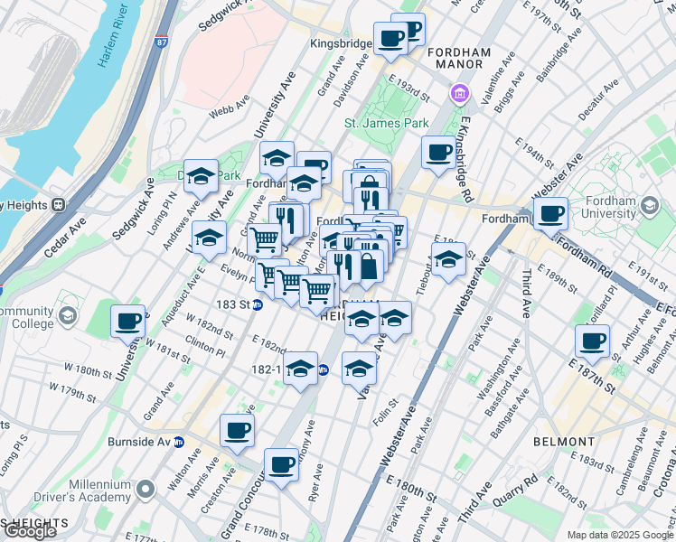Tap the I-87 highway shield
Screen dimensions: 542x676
161,42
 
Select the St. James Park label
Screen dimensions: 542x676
386,123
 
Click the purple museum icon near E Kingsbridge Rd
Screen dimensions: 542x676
460,93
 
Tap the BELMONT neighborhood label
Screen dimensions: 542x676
564,442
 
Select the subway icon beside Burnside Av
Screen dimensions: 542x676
179,443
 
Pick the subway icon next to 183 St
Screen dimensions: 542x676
258,304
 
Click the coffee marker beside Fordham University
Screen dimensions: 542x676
549,214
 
